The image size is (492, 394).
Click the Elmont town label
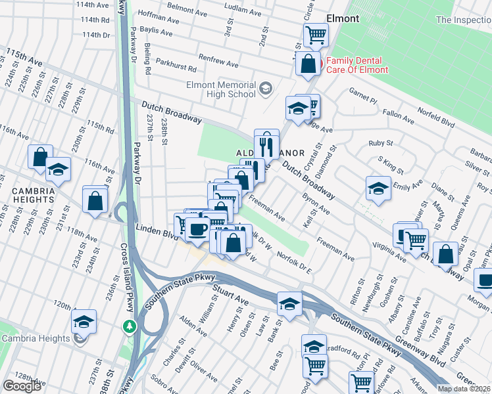coord(343,18)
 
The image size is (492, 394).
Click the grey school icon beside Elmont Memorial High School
coord(266,88)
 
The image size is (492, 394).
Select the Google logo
coord(22,386)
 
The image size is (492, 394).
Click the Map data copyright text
coord(463,389)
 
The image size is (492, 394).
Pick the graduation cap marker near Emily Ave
coord(378,188)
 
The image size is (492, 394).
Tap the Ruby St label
coord(380,142)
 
